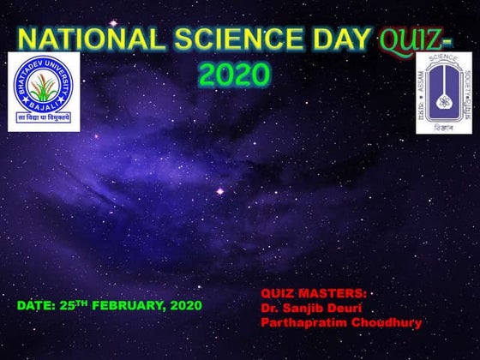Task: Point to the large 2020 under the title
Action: [x=234, y=75]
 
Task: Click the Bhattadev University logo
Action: [x=44, y=91]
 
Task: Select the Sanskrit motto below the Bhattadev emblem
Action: [x=44, y=119]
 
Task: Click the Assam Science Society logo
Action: [x=443, y=93]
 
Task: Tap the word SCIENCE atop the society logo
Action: [x=444, y=61]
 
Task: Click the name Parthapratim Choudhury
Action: [x=339, y=322]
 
